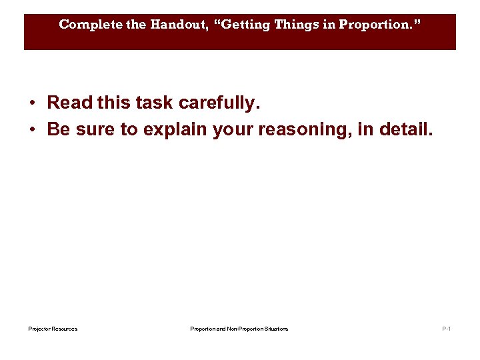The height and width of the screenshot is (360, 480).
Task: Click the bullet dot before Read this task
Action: [32, 103]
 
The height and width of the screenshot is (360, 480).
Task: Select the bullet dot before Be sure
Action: [32, 129]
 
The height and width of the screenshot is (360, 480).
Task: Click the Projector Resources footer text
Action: [53, 329]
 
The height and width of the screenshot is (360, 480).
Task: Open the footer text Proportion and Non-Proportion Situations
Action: [239, 329]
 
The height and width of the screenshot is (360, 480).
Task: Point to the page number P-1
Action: [446, 329]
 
